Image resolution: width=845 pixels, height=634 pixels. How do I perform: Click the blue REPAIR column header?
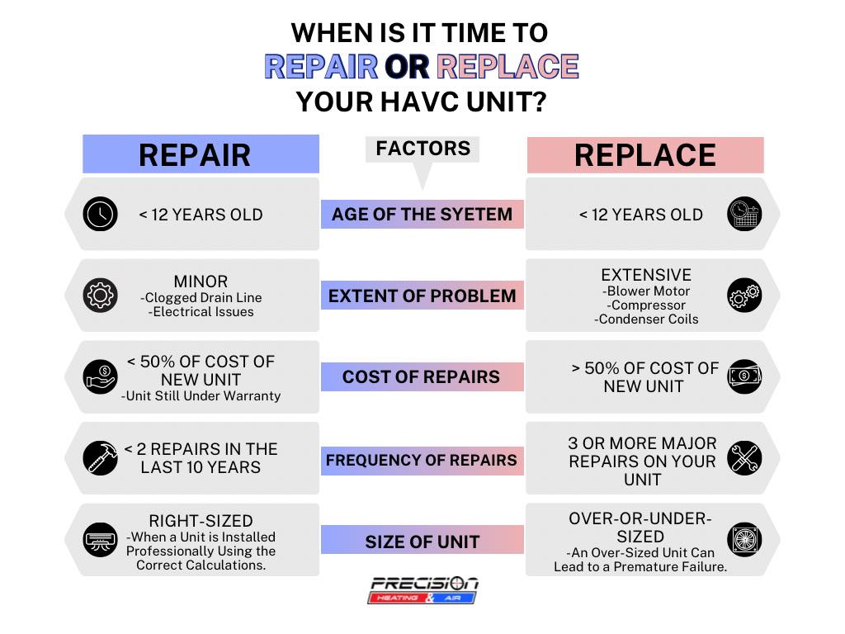point(201,154)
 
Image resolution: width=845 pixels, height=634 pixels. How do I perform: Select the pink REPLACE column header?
point(645,155)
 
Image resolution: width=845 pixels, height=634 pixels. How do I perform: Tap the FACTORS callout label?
point(422,149)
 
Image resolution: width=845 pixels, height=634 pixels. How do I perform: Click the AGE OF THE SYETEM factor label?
point(422,214)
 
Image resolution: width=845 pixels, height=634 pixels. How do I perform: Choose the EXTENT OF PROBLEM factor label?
point(422,296)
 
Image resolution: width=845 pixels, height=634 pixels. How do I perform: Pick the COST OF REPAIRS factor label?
point(422,376)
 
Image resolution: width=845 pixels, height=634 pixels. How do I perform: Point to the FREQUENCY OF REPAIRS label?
point(422,461)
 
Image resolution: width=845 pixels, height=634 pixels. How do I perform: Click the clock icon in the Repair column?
point(100,214)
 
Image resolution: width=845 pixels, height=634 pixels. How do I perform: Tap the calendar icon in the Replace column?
point(744,214)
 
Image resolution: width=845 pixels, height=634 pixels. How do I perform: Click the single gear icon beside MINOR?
point(100,296)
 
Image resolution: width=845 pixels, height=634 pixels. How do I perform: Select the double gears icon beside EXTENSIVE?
point(744,296)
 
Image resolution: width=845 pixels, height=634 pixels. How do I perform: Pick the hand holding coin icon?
point(100,376)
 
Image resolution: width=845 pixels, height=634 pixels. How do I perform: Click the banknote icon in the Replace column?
point(744,376)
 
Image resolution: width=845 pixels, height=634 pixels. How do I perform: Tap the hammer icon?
point(100,458)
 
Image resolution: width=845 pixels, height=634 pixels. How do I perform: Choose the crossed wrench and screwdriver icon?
point(744,458)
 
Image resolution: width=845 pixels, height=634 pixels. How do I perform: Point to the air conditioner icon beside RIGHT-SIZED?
point(100,540)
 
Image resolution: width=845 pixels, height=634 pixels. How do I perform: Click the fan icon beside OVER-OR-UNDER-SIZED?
point(744,540)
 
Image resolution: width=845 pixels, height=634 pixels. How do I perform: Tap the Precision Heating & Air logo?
point(423,589)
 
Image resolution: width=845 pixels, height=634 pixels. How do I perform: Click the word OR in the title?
point(407,66)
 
